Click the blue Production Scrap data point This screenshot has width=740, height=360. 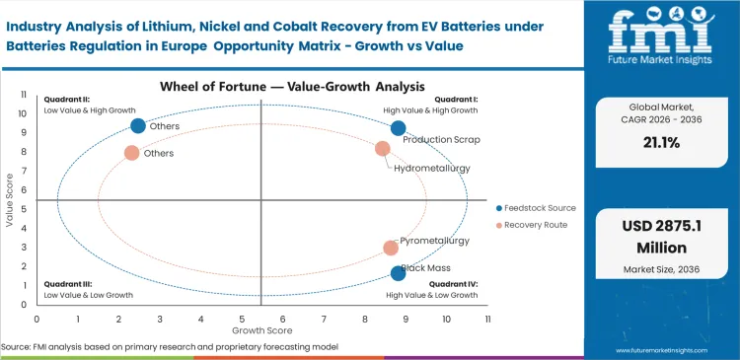398,128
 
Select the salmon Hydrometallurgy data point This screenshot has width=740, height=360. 383,149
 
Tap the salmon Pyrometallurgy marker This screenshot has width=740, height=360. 391,249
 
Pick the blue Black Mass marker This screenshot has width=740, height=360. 398,273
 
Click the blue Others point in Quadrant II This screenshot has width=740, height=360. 138,125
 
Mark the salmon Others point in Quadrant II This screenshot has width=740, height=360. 131,153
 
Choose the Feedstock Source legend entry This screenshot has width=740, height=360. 539,208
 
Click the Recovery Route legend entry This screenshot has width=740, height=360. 534,226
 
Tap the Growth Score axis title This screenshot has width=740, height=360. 260,331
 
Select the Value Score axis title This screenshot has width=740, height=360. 10,203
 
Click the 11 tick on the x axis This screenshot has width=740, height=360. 487,320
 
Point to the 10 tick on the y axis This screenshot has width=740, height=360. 23,113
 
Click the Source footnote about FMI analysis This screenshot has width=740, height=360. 171,347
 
